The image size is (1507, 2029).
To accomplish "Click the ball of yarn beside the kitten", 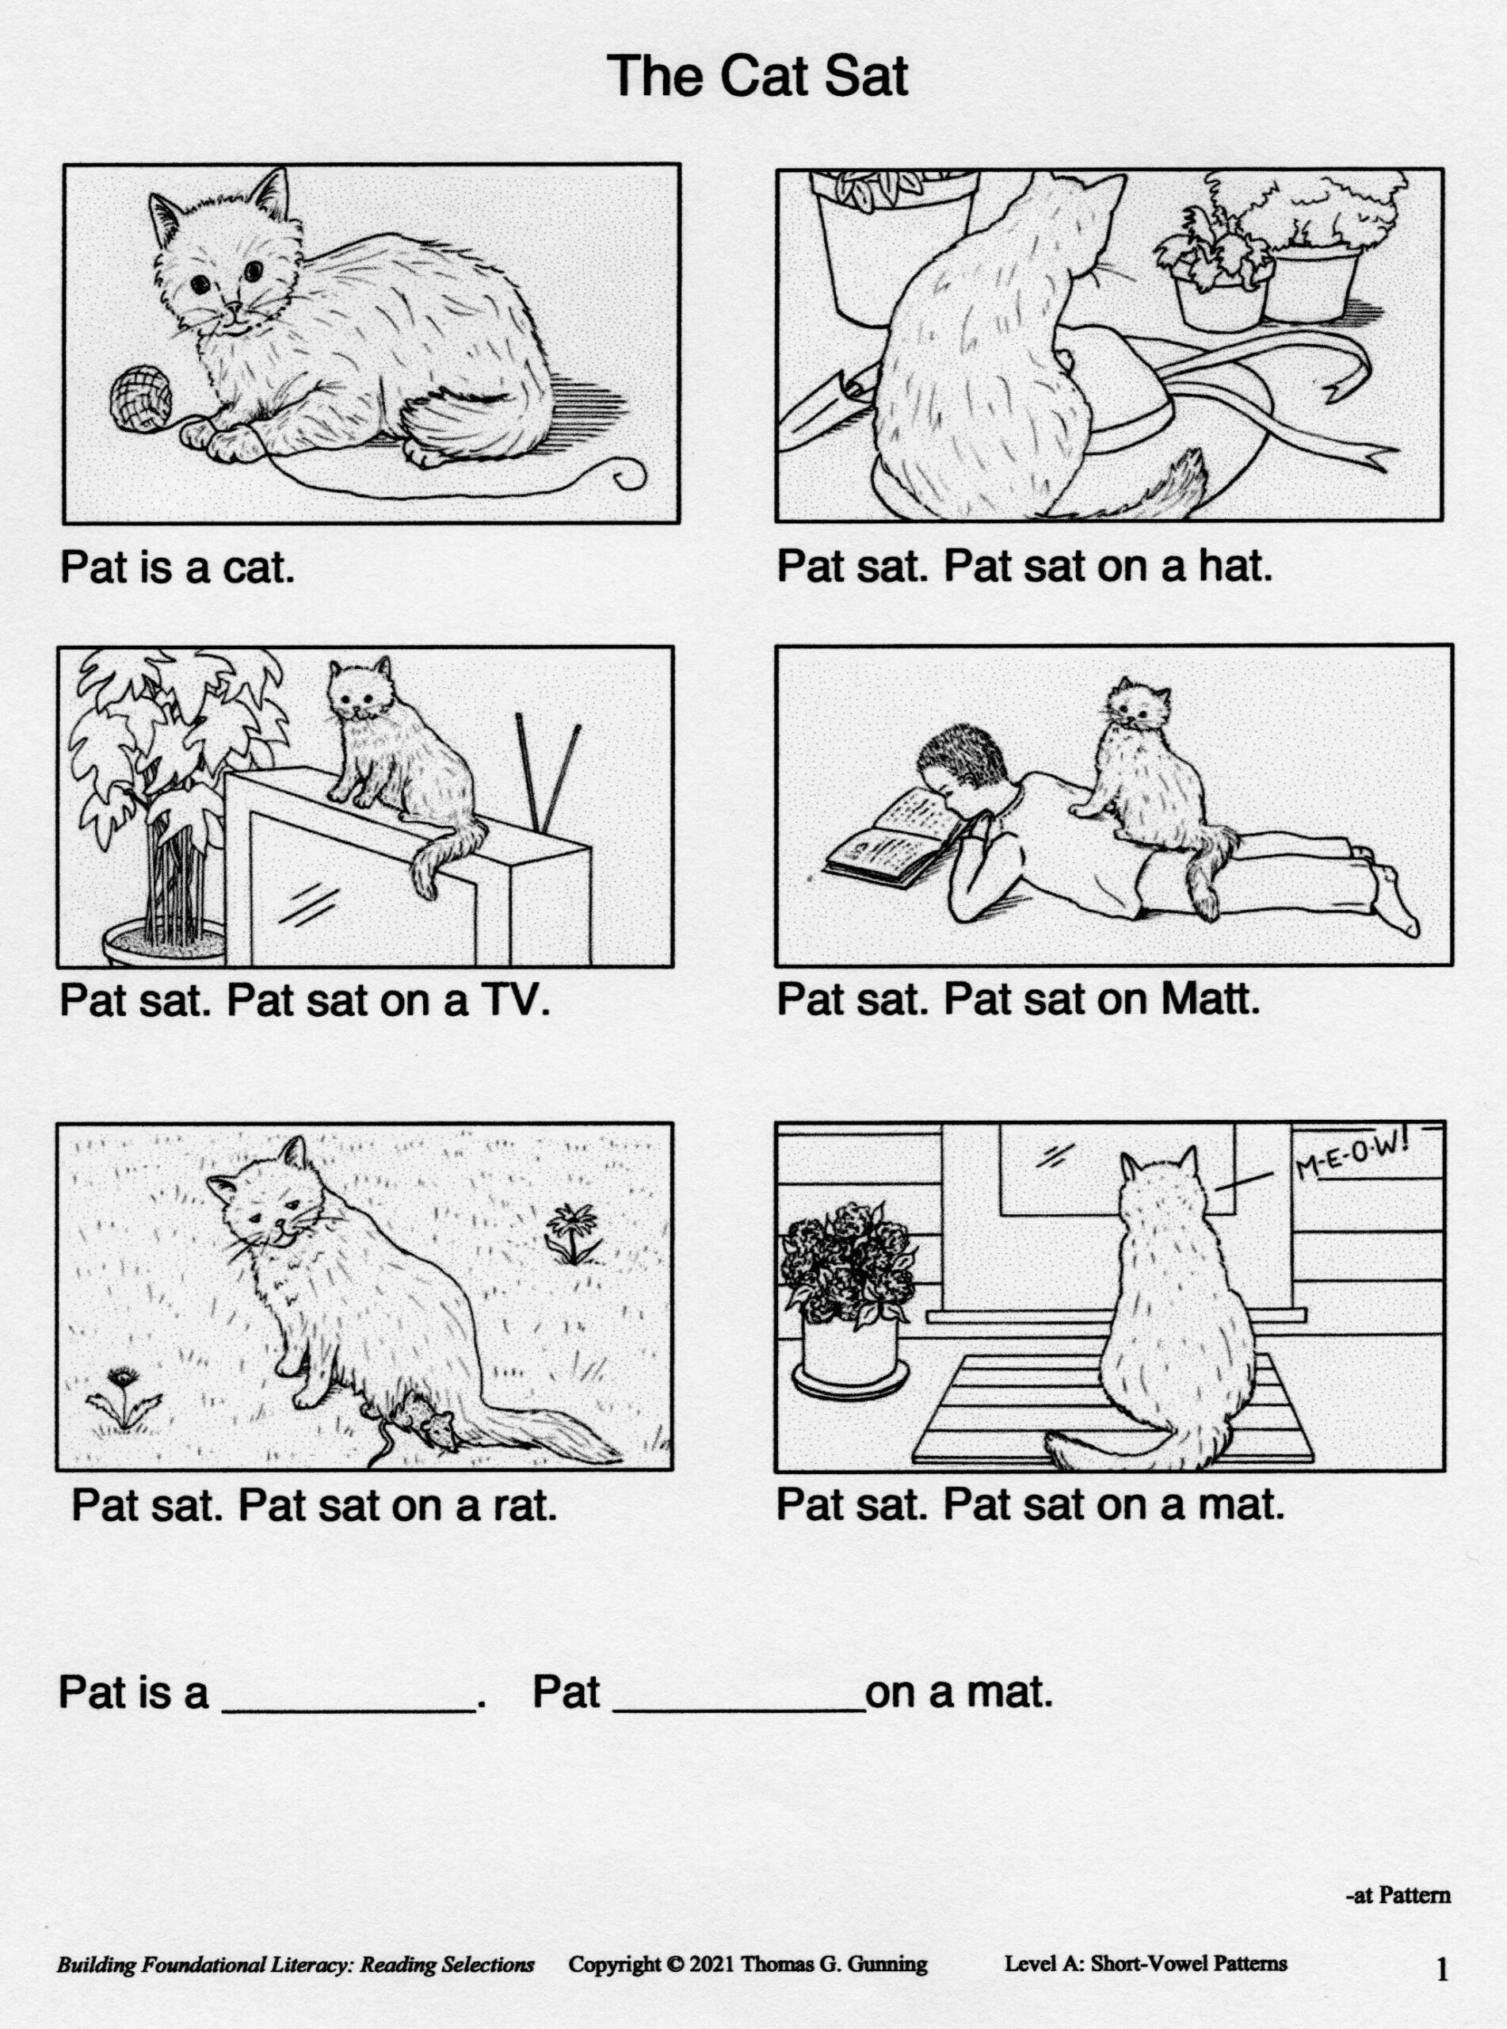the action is point(140,397).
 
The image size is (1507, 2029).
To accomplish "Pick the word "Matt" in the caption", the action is point(1211,1000).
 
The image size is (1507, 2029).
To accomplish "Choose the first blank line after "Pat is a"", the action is point(350,1710).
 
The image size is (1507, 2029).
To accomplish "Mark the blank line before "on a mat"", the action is point(739,1710).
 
